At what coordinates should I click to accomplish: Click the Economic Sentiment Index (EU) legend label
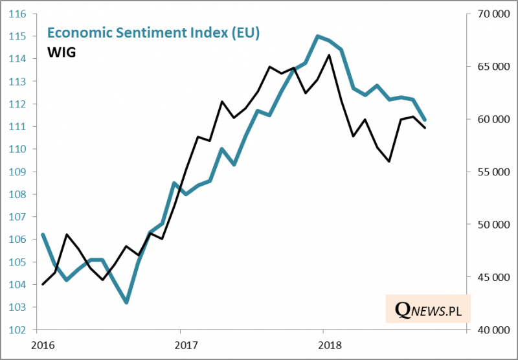click(153, 34)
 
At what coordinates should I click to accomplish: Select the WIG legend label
click(62, 52)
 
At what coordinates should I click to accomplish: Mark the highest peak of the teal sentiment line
click(317, 36)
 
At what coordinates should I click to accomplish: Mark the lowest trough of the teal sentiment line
click(126, 302)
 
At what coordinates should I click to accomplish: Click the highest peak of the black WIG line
click(330, 55)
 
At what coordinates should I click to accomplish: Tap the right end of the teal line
click(425, 120)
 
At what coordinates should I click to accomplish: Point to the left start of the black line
click(43, 284)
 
